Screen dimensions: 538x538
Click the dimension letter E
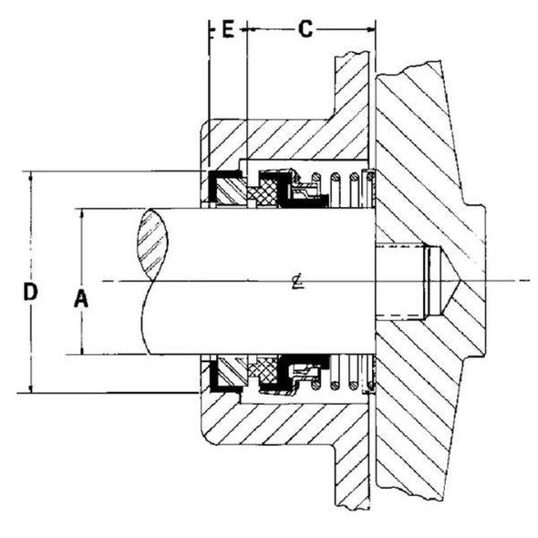point(228,29)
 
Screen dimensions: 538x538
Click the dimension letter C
point(305,29)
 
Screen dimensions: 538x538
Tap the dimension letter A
point(80,297)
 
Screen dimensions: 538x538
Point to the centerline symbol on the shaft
point(299,281)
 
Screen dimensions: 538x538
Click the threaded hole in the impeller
point(401,281)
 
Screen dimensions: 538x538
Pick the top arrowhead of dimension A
point(81,212)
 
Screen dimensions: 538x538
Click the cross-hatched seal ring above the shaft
point(267,192)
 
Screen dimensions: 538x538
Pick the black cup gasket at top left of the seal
point(219,182)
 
